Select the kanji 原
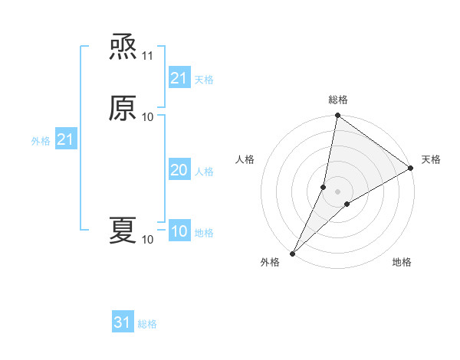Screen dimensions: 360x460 pyautogui.click(x=123, y=109)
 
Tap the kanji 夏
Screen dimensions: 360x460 pyautogui.click(x=123, y=231)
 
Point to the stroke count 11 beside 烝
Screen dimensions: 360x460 pyautogui.click(x=148, y=57)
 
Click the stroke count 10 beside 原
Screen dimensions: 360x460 pyautogui.click(x=148, y=116)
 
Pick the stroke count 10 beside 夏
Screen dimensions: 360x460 pyautogui.click(x=148, y=240)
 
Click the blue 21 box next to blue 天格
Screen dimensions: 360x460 pyautogui.click(x=179, y=78)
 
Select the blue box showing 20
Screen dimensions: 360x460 pyautogui.click(x=179, y=171)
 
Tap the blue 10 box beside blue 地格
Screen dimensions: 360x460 pyautogui.click(x=179, y=231)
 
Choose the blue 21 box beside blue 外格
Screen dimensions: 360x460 pyautogui.click(x=66, y=140)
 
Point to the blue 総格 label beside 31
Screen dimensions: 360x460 pyautogui.click(x=147, y=324)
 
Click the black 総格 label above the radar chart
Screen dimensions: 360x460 pyautogui.click(x=338, y=100)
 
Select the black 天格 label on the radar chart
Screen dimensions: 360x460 pyautogui.click(x=431, y=159)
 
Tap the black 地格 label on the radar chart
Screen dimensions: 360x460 pyautogui.click(x=402, y=263)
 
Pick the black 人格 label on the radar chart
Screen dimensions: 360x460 pyautogui.click(x=245, y=159)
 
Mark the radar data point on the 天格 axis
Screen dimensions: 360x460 pyautogui.click(x=411, y=169)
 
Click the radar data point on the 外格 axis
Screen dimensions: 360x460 pyautogui.click(x=293, y=254)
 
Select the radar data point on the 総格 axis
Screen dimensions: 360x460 pyautogui.click(x=338, y=116)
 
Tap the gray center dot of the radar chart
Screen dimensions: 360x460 pyautogui.click(x=338, y=191)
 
